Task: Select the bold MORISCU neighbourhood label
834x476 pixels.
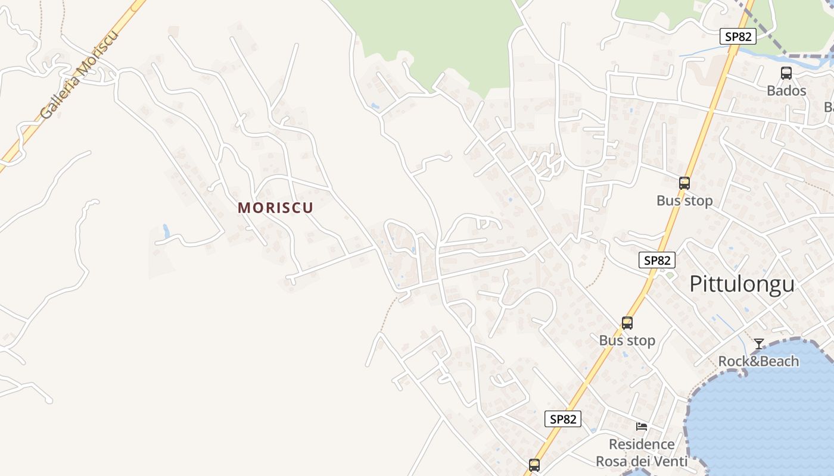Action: pyautogui.click(x=275, y=208)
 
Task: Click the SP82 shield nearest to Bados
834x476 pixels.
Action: pyautogui.click(x=738, y=36)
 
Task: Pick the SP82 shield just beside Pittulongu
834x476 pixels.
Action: pyautogui.click(x=658, y=260)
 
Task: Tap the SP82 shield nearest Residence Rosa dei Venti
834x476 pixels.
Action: pyautogui.click(x=563, y=419)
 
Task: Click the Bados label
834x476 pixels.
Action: pyautogui.click(x=786, y=91)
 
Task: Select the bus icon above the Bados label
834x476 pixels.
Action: pyautogui.click(x=786, y=73)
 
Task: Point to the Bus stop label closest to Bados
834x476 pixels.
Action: pyautogui.click(x=684, y=201)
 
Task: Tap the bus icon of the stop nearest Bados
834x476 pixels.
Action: pyautogui.click(x=684, y=183)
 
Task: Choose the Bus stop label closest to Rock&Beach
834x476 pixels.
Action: pyautogui.click(x=627, y=340)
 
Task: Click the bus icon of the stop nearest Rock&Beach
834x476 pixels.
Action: pyautogui.click(x=627, y=323)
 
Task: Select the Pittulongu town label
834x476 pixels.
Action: pyautogui.click(x=742, y=284)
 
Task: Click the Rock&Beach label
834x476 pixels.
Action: pyautogui.click(x=758, y=361)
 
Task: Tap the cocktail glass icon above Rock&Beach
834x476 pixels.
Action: pyautogui.click(x=759, y=344)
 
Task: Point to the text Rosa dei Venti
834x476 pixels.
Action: pyautogui.click(x=642, y=461)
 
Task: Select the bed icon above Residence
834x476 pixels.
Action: pyautogui.click(x=642, y=427)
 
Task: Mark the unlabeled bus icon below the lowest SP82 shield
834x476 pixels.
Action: pyautogui.click(x=534, y=465)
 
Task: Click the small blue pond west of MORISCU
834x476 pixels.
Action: pyautogui.click(x=166, y=231)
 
